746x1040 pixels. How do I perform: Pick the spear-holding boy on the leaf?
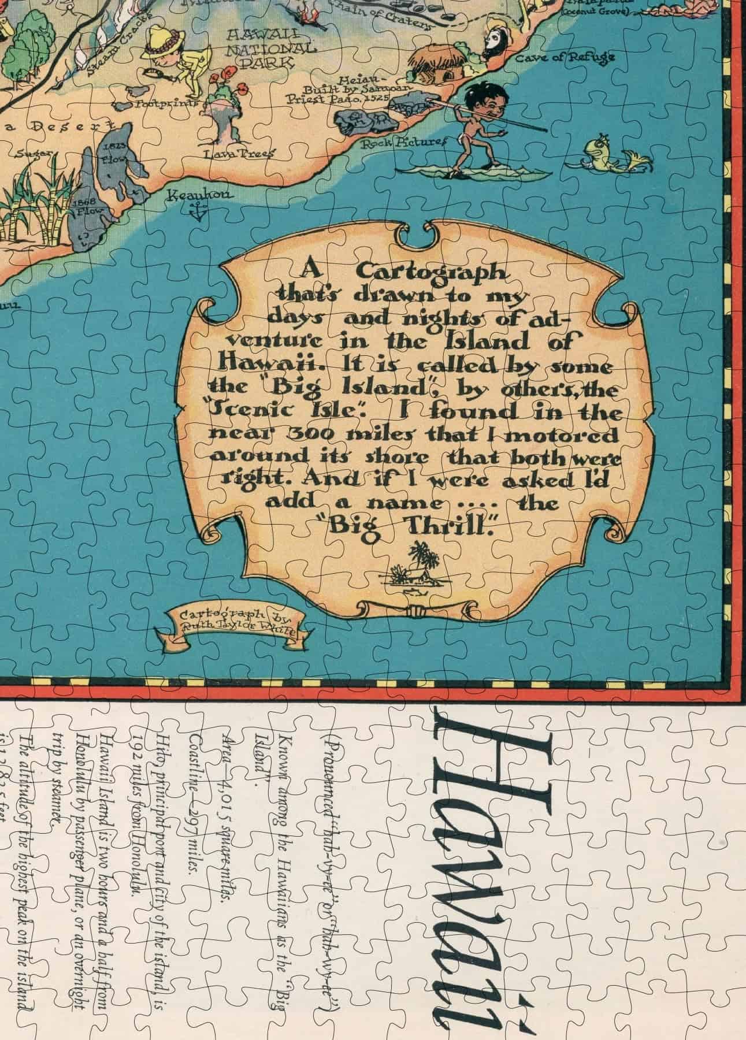(x=477, y=121)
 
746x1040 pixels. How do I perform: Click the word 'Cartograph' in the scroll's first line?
(x=431, y=272)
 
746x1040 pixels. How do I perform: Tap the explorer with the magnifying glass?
(x=173, y=58)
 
